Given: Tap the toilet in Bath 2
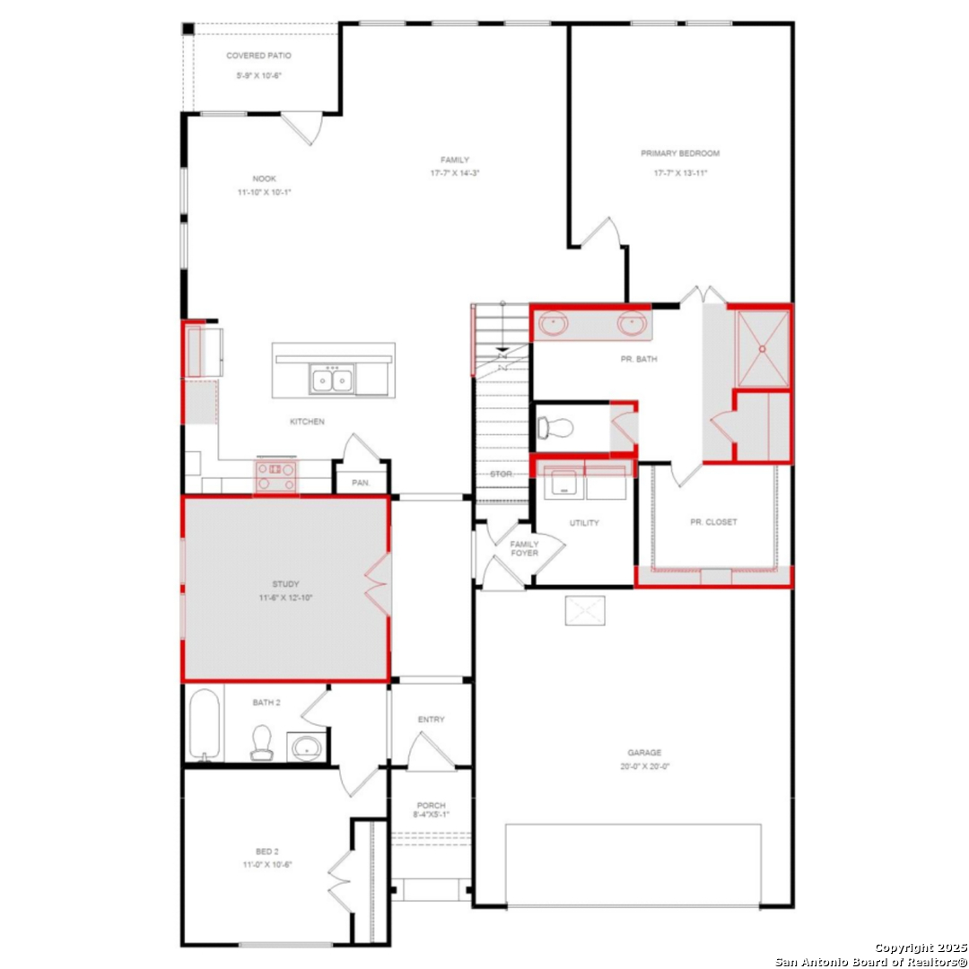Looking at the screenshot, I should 261,742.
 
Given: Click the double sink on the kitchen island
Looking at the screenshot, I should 331,380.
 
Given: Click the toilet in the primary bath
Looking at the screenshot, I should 553,427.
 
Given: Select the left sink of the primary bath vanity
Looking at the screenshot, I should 553,323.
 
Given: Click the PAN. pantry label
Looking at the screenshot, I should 361,483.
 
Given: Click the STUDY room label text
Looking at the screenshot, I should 285,583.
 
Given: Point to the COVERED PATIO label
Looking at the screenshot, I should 258,56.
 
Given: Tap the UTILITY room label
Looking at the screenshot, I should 584,523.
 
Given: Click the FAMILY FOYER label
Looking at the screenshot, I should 524,548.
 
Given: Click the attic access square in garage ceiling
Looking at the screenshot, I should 584,611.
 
